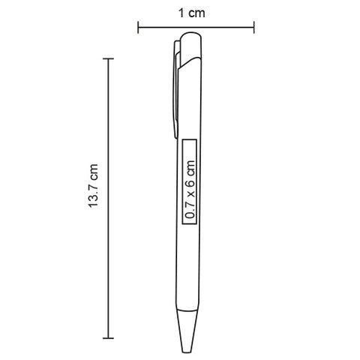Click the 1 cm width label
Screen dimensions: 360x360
191,13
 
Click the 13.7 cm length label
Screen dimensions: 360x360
93,185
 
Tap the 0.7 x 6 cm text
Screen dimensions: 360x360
190,189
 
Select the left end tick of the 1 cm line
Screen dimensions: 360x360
138,27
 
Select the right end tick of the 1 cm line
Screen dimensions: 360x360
254,27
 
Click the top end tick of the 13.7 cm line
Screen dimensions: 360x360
108,59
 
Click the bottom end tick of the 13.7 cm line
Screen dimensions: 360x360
108,338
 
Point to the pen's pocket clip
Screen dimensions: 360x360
176,88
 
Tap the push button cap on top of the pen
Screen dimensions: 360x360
191,47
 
